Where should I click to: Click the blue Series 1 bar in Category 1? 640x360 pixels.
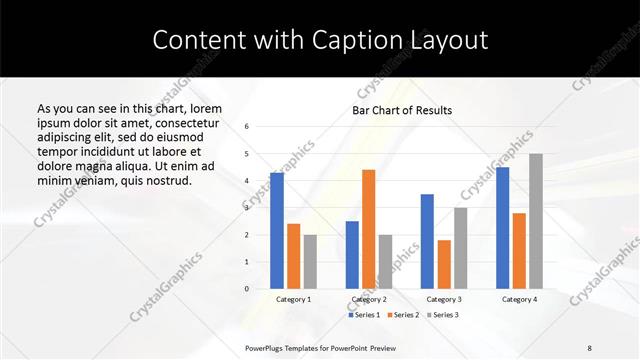[x=277, y=231]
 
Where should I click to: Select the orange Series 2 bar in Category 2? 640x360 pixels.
[x=368, y=229]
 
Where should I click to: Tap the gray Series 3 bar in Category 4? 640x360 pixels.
[x=536, y=221]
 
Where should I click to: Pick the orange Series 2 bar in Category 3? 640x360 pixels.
[x=444, y=264]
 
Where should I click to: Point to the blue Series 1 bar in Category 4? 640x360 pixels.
[x=502, y=228]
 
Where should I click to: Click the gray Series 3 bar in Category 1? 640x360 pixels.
[x=310, y=262]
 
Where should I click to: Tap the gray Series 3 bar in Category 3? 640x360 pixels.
[x=460, y=248]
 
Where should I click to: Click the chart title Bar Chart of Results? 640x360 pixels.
[x=402, y=110]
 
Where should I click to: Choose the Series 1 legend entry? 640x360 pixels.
[x=364, y=315]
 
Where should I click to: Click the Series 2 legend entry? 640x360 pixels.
[x=402, y=315]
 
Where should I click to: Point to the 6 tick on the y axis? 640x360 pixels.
[x=247, y=127]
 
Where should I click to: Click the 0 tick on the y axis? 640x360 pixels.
[x=247, y=289]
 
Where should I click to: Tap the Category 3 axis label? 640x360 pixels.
[x=444, y=300]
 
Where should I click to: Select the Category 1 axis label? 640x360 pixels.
[x=293, y=300]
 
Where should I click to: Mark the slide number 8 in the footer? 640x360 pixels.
[x=590, y=347]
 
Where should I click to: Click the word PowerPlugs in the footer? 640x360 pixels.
[x=265, y=347]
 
